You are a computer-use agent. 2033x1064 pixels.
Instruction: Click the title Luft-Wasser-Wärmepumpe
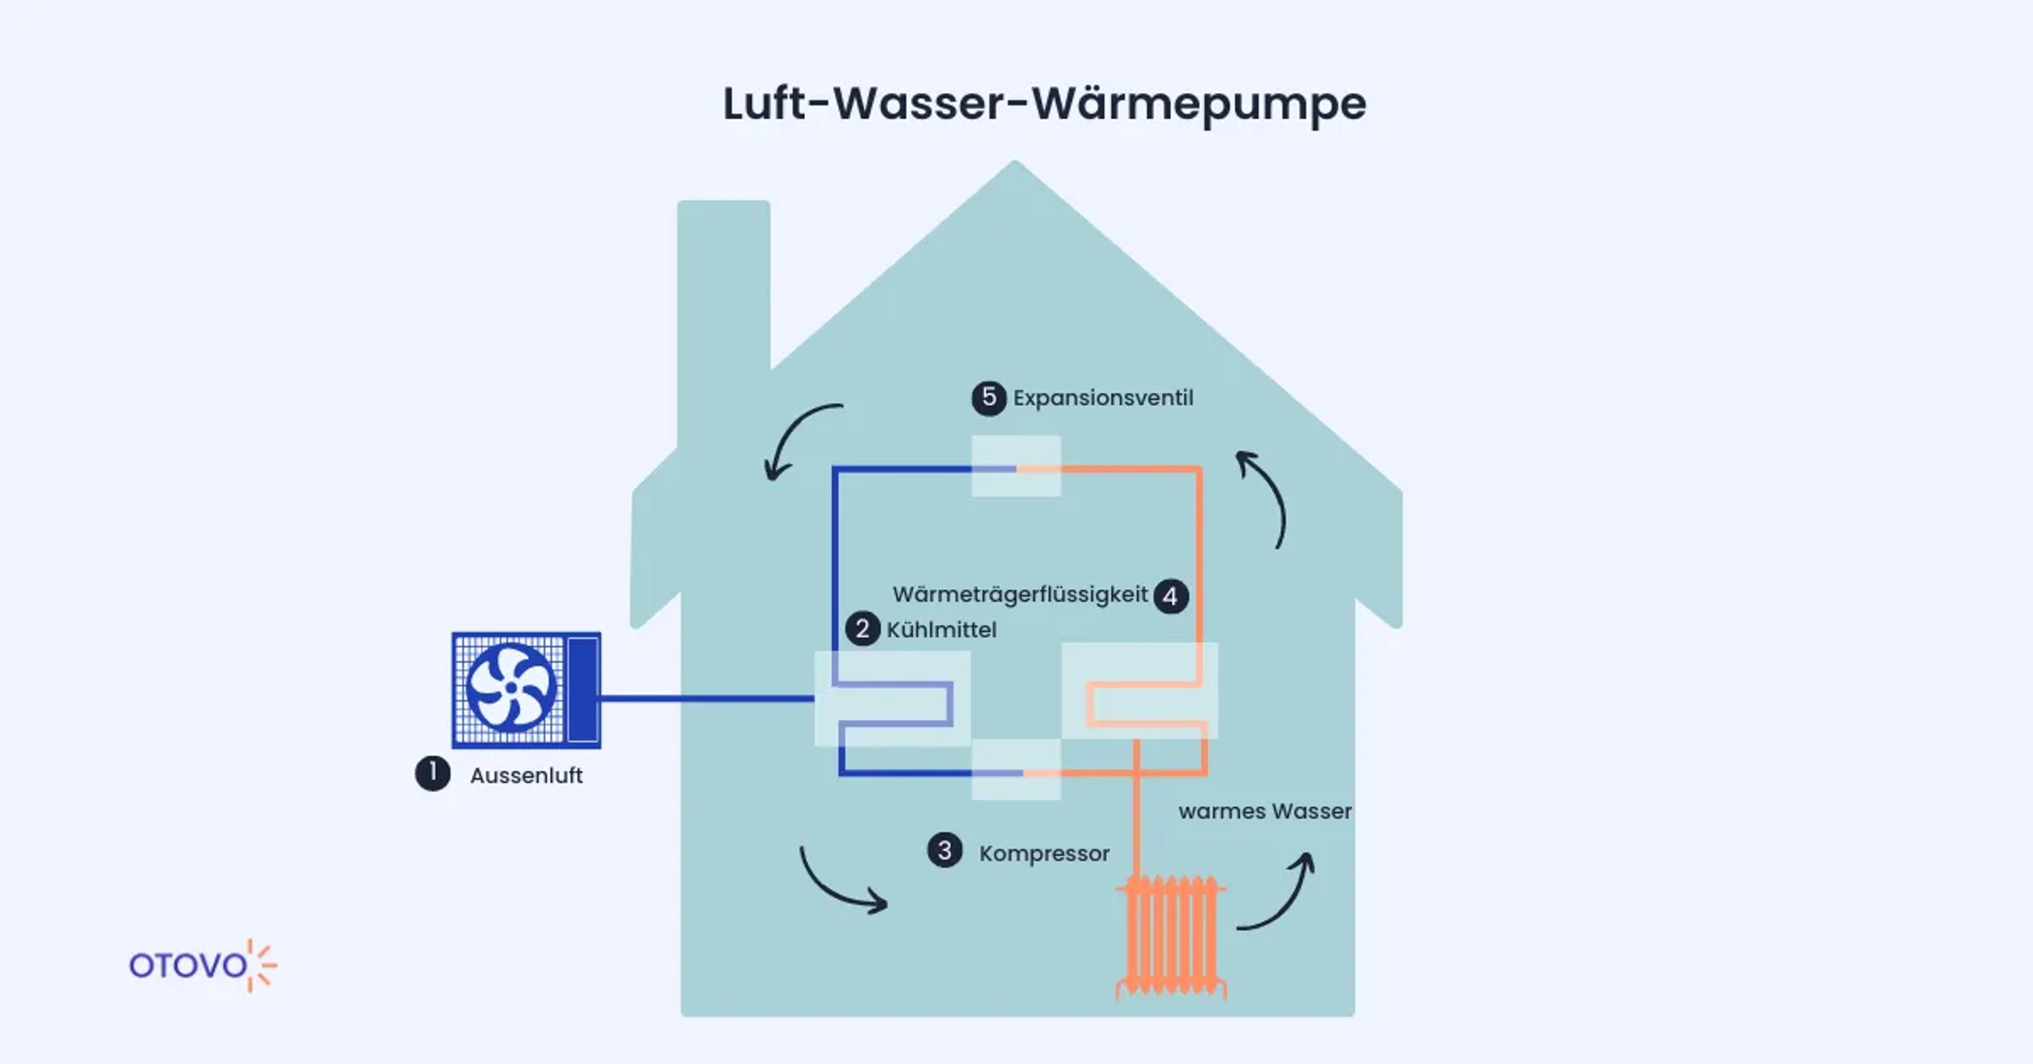1044,103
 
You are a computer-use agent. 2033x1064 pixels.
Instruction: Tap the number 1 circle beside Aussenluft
433,773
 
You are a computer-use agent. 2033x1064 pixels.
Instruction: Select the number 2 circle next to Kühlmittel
862,629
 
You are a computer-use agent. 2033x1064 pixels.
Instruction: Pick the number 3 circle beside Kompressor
944,851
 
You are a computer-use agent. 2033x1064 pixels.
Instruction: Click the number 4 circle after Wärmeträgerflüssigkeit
1171,596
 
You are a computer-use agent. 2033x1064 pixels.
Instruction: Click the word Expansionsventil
1102,398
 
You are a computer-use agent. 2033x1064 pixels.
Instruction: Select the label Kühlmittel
941,630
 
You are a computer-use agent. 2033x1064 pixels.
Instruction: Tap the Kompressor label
1044,853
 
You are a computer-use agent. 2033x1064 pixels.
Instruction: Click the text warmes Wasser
1264,811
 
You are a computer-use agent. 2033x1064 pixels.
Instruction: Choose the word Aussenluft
526,776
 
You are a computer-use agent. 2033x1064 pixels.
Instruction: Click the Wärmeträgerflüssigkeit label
1020,594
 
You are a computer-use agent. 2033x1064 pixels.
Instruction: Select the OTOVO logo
202,966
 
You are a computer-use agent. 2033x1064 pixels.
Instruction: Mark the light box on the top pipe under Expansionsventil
1016,466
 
